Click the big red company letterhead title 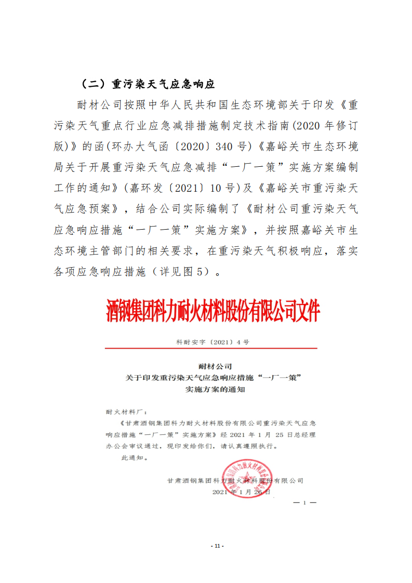pyautogui.click(x=213, y=311)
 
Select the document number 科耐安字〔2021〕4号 pyautogui.click(x=212, y=342)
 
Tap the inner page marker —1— pyautogui.click(x=305, y=503)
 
